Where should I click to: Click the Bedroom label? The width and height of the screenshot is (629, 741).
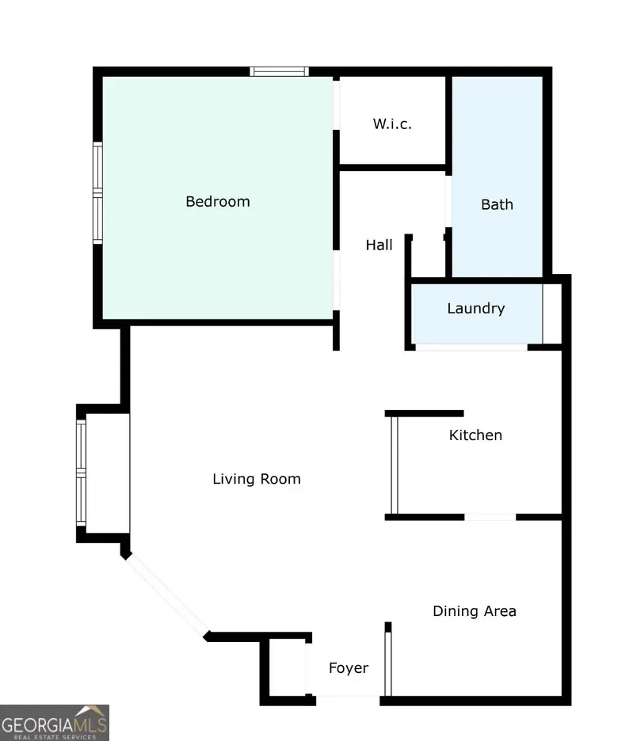coord(218,202)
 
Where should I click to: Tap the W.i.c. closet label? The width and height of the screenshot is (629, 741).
coord(392,124)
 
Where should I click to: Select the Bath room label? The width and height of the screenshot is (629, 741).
coord(497,204)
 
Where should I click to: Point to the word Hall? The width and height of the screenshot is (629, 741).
coord(379,245)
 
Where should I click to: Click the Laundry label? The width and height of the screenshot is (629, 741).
coord(475,309)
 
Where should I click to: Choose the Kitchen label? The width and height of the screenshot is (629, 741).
coord(475,435)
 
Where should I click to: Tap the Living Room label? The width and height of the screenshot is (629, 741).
coord(257,479)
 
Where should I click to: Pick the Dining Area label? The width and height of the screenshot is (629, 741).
coord(474,611)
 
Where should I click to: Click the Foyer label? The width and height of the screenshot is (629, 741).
coord(349,668)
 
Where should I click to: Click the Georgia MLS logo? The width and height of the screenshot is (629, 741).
coord(54,722)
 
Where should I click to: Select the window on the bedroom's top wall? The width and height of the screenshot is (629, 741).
coord(280,71)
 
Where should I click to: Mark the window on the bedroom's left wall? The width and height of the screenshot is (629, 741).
coord(97,192)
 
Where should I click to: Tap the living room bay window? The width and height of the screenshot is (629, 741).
coord(80,473)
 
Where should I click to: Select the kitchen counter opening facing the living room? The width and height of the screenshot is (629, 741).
coord(393,465)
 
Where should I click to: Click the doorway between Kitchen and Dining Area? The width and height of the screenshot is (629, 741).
coord(490,518)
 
